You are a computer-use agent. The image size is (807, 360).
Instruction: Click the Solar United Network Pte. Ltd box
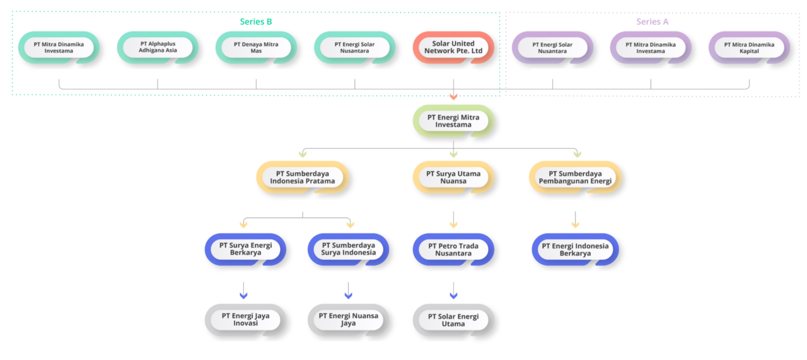[x=453, y=48]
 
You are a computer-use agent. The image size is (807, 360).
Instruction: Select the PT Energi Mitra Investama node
[x=453, y=121]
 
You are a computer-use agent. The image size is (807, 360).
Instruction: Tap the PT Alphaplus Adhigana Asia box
[x=158, y=48]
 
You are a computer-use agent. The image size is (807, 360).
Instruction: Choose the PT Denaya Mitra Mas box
[x=256, y=48]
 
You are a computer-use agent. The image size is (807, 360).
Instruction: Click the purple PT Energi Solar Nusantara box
[x=552, y=48]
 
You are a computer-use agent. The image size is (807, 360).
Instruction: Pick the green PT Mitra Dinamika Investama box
[x=59, y=48]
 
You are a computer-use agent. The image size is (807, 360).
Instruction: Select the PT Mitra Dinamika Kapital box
[x=749, y=48]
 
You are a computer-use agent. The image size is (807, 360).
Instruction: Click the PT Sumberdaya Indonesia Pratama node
[x=303, y=177]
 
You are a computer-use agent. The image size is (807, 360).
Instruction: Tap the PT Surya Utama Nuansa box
[x=453, y=177]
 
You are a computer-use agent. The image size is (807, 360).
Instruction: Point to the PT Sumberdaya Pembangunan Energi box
[x=575, y=177]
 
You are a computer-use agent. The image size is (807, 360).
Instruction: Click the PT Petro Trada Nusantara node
[x=453, y=250]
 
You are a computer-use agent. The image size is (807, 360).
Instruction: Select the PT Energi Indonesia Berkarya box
[x=575, y=250]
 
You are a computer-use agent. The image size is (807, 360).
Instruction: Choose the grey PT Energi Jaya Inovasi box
[x=245, y=320]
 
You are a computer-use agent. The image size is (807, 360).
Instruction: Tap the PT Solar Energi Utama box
[x=453, y=320]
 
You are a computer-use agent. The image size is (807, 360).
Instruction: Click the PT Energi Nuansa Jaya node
[x=348, y=320]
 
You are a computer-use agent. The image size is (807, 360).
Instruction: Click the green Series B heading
[x=256, y=21]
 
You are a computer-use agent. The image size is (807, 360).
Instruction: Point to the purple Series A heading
[x=652, y=21]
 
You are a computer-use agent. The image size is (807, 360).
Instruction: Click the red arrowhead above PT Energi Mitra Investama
[x=453, y=96]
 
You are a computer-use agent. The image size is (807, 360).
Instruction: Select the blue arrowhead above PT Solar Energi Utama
[x=453, y=295]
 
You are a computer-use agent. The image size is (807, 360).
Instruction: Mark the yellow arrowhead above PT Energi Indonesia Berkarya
[x=575, y=224]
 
